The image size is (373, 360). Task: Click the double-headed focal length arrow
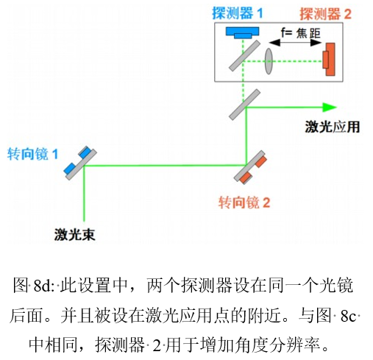click(294, 44)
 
